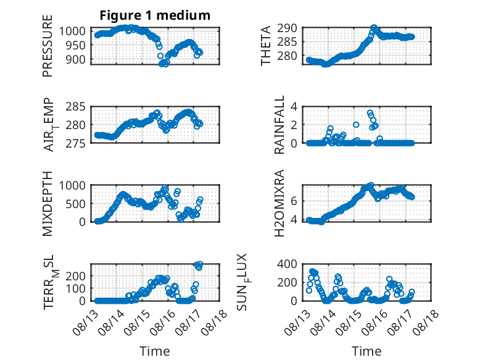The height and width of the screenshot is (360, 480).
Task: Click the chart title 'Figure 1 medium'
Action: [155, 15]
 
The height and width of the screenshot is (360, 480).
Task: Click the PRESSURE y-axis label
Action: [48, 46]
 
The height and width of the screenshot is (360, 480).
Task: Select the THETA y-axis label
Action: [266, 46]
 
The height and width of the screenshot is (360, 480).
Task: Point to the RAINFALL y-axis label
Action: [279, 125]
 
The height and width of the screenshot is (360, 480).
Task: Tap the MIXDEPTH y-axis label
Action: [48, 204]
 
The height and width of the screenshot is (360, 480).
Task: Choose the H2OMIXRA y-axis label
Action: [279, 203]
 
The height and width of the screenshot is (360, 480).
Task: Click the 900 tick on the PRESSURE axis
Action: [76, 60]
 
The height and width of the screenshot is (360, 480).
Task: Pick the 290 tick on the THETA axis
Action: [287, 28]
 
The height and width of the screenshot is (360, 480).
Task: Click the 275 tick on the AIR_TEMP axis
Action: [76, 143]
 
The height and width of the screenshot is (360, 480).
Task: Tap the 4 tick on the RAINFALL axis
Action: [294, 107]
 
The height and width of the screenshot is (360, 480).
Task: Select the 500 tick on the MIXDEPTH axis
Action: [76, 204]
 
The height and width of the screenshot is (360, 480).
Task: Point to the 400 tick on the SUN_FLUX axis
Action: [287, 264]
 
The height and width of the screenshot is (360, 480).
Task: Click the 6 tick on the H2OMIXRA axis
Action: [294, 201]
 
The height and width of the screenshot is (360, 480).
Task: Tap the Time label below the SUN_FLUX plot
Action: [366, 351]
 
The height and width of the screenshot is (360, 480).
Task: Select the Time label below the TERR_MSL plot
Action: [155, 351]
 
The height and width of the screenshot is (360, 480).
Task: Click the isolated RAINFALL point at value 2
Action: [356, 125]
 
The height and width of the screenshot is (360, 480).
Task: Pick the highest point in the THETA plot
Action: [374, 28]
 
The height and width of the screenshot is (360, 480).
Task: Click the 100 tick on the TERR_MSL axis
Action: [76, 288]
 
